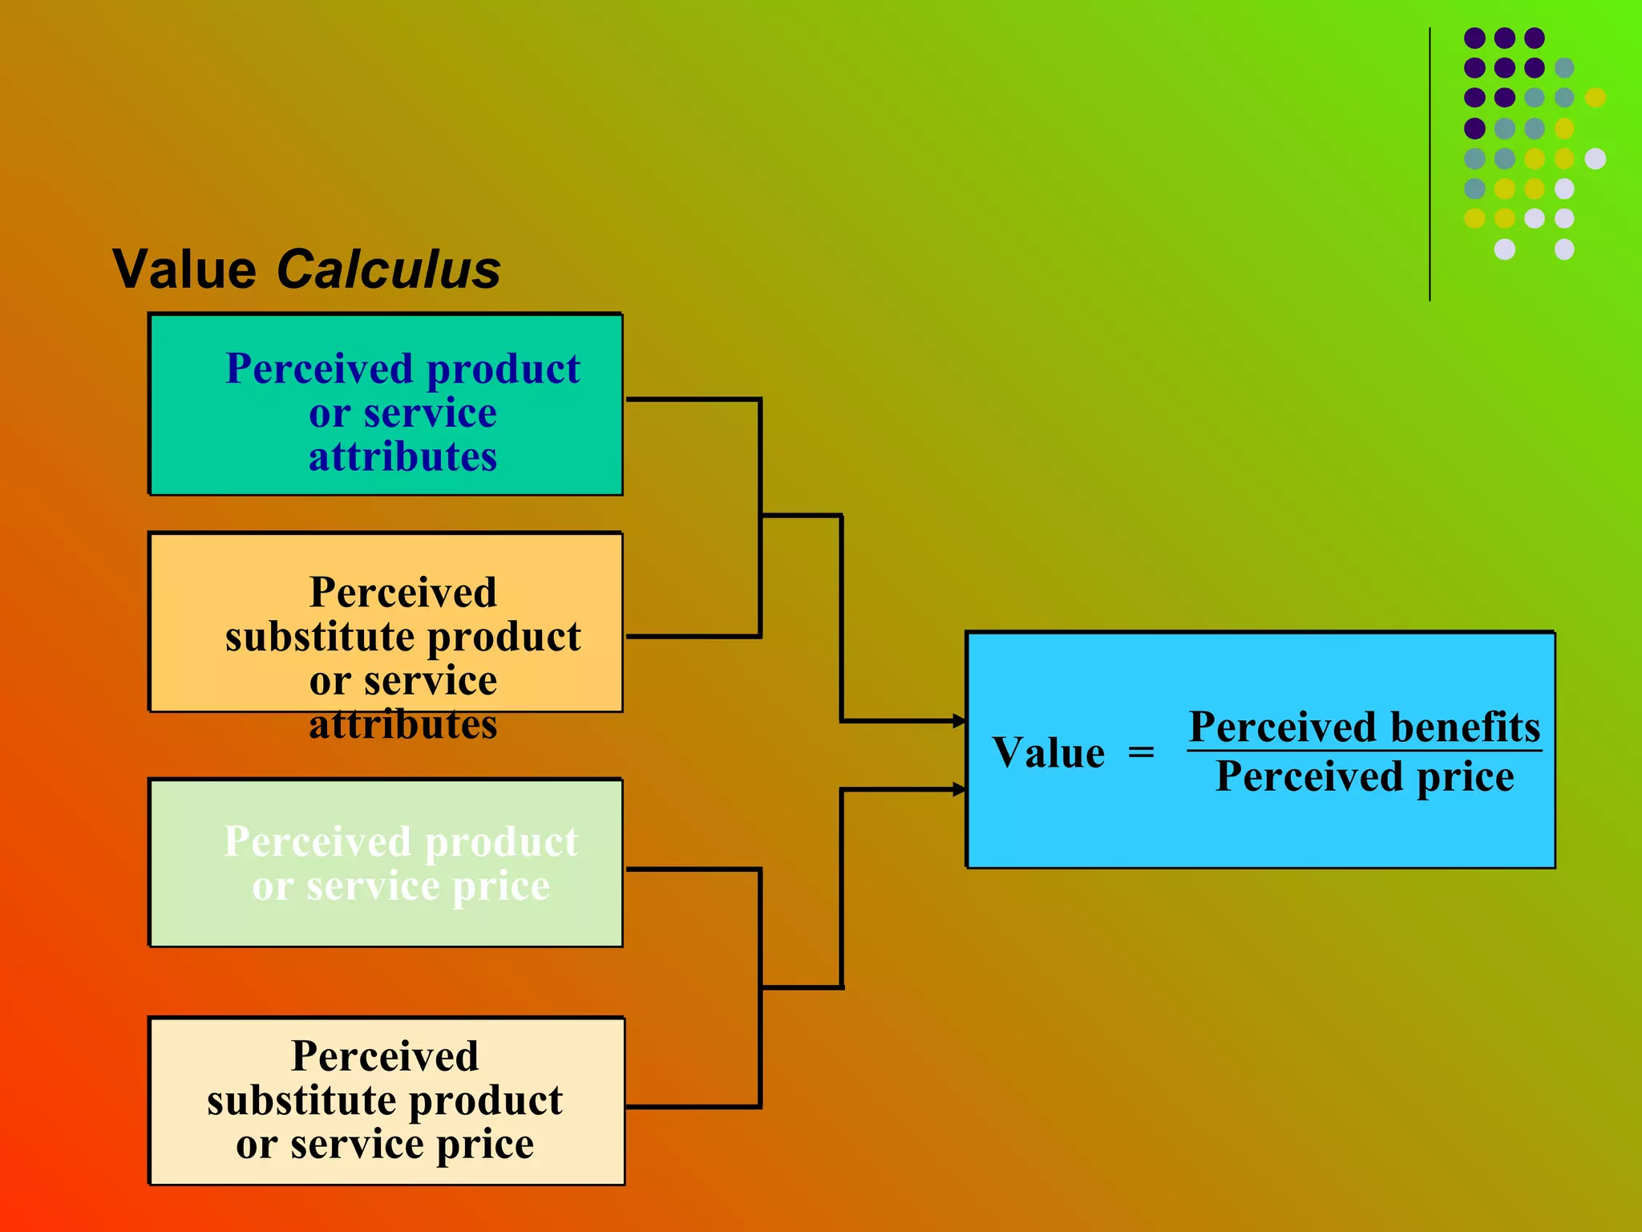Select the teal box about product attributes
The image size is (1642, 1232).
pyautogui.click(x=386, y=404)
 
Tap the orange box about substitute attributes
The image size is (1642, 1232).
pyautogui.click(x=386, y=622)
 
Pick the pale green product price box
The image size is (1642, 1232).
pyautogui.click(x=386, y=863)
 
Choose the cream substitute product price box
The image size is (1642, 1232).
pyautogui.click(x=386, y=1100)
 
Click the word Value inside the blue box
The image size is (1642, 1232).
pyautogui.click(x=1048, y=753)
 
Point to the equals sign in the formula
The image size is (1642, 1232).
pyautogui.click(x=1141, y=753)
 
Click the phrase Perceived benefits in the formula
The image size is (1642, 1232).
pyautogui.click(x=1364, y=727)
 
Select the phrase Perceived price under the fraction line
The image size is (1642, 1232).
pyautogui.click(x=1364, y=776)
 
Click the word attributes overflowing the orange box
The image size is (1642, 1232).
pyautogui.click(x=402, y=724)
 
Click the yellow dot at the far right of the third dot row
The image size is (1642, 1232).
pyautogui.click(x=1595, y=98)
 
